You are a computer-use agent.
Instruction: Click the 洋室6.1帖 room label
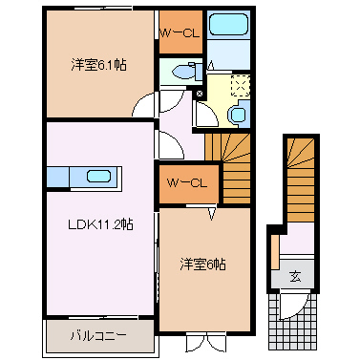(98, 65)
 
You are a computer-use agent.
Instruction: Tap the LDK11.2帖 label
(100, 224)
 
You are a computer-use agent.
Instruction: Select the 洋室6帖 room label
(203, 265)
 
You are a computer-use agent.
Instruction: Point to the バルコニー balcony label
(98, 335)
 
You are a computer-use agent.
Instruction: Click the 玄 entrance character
(295, 276)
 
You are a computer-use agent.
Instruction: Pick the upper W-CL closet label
(180, 33)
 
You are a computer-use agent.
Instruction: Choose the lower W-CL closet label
(187, 183)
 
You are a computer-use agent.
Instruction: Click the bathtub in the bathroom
(228, 24)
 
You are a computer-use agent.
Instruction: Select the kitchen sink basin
(99, 177)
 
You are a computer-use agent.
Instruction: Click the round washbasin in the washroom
(238, 115)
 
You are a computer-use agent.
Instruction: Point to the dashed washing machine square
(241, 86)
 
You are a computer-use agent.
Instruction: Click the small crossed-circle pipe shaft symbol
(200, 94)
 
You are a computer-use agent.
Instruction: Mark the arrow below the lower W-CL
(212, 214)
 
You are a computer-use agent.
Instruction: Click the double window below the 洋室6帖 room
(206, 343)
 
